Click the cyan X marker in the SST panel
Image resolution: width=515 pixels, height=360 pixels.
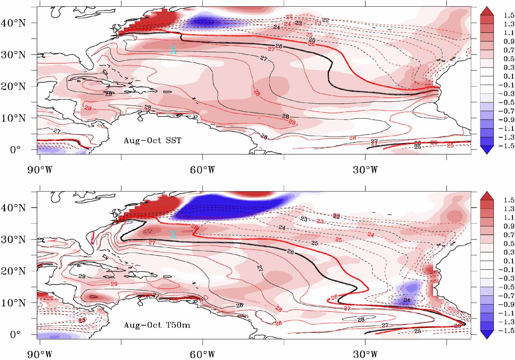pos(173,50)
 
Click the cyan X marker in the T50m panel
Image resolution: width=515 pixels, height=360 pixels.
pos(173,235)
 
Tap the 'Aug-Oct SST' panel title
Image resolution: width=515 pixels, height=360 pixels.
pos(152,140)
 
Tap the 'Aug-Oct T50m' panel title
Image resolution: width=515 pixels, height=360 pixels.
pos(157,325)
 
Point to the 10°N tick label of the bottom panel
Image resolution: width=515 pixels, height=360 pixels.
pos(13,303)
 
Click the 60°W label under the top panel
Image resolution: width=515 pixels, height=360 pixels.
pos(202,170)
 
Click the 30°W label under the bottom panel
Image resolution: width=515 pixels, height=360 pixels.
pos(365,355)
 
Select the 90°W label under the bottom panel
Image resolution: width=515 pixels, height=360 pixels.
pos(40,355)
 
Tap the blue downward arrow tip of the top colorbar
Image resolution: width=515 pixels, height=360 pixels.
pos(487,153)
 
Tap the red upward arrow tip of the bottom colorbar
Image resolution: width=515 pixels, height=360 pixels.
pos(487,193)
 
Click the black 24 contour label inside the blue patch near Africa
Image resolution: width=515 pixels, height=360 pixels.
pos(407,300)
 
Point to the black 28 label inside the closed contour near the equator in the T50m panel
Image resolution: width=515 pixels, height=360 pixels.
pos(361,319)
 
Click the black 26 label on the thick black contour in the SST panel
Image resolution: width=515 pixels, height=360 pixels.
pos(279,46)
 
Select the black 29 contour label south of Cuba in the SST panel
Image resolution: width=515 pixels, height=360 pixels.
pos(108,94)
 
